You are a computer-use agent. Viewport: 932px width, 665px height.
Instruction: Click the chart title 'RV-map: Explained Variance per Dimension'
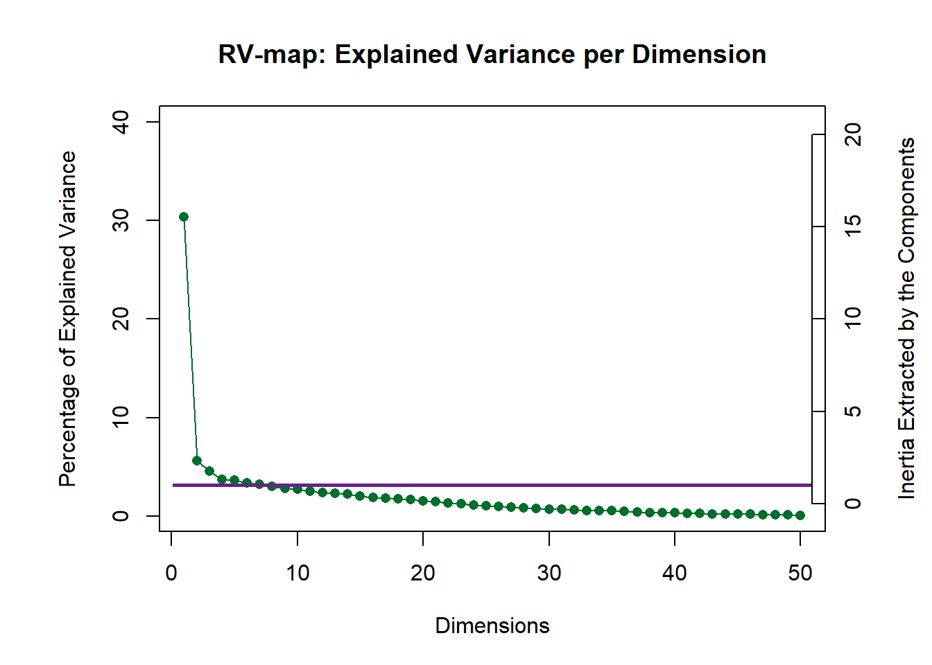(492, 54)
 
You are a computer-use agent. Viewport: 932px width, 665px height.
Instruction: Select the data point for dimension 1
(184, 217)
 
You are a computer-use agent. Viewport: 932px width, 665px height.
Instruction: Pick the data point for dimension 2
(197, 461)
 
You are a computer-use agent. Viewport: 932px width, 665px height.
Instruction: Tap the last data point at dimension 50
(800, 515)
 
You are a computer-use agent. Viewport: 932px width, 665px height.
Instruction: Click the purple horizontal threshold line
(485, 485)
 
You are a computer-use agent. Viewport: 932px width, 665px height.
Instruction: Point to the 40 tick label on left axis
(120, 122)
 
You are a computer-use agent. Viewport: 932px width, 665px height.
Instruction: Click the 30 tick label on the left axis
(120, 220)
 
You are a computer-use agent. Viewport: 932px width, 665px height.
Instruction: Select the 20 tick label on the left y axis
(120, 319)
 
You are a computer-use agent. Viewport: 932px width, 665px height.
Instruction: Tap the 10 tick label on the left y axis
(120, 417)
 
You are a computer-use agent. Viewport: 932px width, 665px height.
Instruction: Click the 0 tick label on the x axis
(171, 574)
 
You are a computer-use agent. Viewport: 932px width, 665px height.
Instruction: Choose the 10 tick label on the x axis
(297, 574)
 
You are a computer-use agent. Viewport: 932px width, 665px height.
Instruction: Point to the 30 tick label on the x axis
(549, 574)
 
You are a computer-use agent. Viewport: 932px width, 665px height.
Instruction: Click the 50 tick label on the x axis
(800, 574)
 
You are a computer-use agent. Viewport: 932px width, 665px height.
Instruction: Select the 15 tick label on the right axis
(853, 226)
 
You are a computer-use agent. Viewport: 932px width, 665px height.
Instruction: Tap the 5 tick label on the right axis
(853, 411)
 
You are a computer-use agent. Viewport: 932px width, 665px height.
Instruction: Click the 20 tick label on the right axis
(853, 134)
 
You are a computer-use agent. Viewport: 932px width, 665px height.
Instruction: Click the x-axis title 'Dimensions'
(492, 626)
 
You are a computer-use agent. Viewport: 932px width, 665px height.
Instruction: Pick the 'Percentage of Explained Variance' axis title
(67, 319)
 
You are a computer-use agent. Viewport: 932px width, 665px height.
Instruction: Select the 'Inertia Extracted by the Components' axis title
(906, 319)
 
